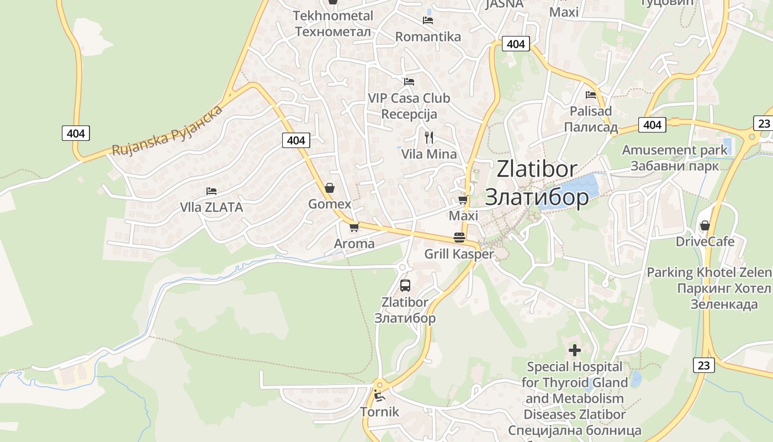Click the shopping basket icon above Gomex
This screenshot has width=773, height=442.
click(330, 188)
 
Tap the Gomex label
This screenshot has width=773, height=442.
click(330, 204)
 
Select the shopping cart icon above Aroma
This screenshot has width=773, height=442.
click(354, 227)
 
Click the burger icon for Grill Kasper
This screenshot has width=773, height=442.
click(459, 238)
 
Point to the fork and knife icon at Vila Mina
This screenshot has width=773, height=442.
click(429, 138)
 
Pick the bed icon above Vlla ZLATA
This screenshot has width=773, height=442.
click(211, 191)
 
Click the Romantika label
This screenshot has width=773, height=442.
click(428, 37)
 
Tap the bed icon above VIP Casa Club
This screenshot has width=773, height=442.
click(409, 82)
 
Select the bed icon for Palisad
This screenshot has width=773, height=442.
click(591, 94)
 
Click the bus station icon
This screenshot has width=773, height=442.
click(405, 286)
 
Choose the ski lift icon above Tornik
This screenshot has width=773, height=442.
click(379, 396)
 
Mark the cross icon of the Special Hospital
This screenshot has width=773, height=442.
click(575, 350)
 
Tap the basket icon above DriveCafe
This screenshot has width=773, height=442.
click(705, 225)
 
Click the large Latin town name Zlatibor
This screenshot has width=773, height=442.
click(537, 169)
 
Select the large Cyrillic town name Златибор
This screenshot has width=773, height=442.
click(537, 197)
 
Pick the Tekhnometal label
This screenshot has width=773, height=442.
click(333, 15)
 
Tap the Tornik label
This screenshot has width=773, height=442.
click(379, 412)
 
